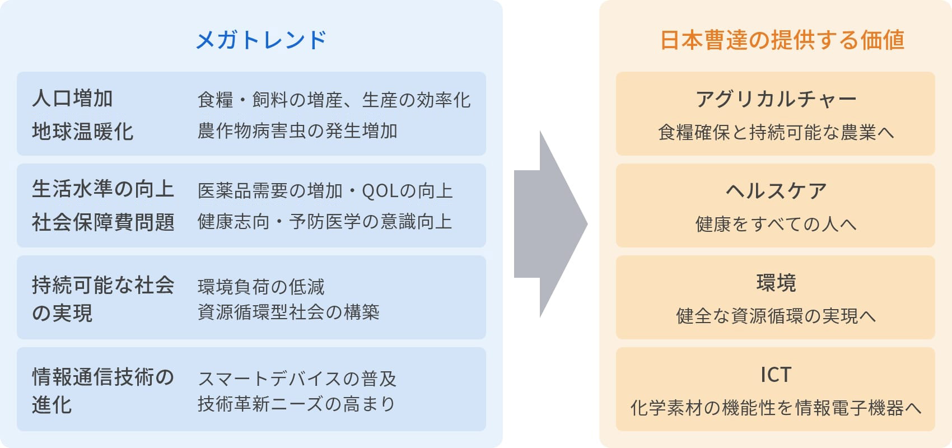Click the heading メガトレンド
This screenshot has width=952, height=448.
(261, 40)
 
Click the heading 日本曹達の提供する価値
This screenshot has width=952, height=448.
(782, 40)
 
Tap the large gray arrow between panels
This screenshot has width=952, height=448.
(550, 224)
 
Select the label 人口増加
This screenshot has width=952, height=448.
(73, 99)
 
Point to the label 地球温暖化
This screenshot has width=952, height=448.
(83, 132)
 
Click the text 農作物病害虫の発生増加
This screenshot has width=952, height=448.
(297, 131)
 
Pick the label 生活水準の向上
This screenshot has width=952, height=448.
(103, 189)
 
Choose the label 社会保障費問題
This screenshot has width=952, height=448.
(103, 222)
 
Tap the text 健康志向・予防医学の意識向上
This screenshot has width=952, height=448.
(325, 222)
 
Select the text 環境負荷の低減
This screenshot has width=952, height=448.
(261, 287)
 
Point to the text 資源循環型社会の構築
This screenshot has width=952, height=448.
(288, 312)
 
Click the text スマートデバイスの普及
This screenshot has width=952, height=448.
(297, 379)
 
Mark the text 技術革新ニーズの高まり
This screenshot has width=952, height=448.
(296, 404)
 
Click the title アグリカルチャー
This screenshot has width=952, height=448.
(776, 99)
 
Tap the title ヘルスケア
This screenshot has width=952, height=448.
(776, 191)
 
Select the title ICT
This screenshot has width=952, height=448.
(776, 375)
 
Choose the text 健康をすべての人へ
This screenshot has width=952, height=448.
(776, 224)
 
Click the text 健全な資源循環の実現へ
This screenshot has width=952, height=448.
(776, 316)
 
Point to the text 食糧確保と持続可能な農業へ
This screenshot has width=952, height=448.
(776, 132)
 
